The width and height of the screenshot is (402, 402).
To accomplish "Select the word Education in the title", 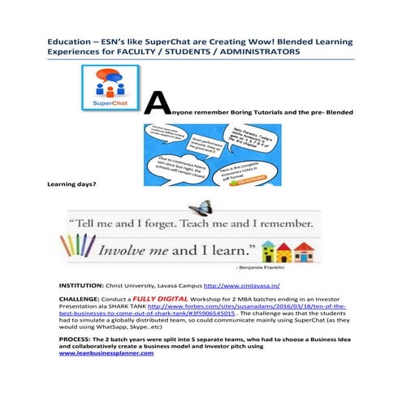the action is tap(69, 39).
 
